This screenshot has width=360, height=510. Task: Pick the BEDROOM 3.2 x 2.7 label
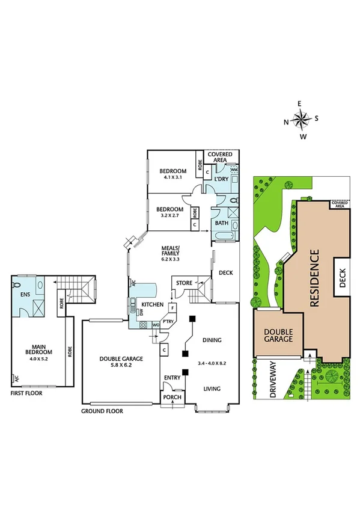170,212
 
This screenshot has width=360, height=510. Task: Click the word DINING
212,340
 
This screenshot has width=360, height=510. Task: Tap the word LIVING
212,389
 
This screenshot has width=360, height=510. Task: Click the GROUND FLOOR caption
102,411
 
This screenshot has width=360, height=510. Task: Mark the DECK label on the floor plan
226,273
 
